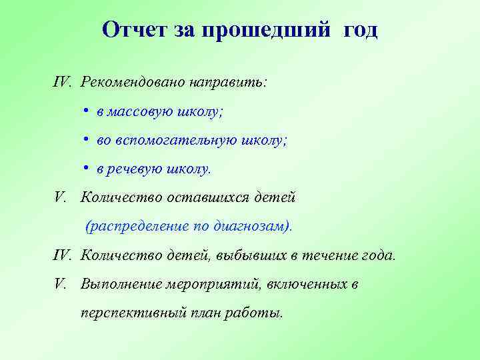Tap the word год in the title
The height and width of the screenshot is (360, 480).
click(x=361, y=30)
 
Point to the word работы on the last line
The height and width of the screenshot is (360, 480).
click(x=256, y=313)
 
